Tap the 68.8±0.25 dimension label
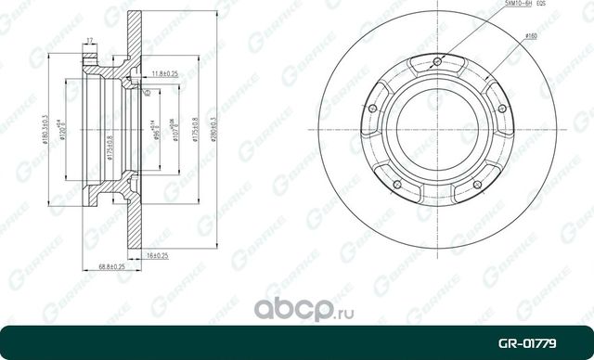tap(113, 265)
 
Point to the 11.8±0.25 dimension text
tap(166, 71)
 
